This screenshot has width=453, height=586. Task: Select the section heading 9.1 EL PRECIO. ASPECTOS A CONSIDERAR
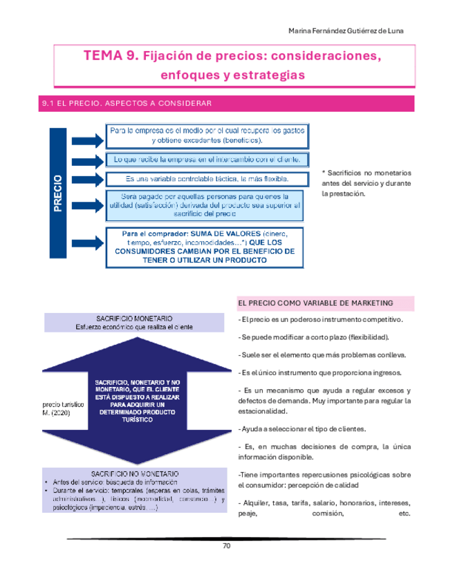pyautogui.click(x=127, y=104)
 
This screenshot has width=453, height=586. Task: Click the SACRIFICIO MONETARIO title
pyautogui.click(x=134, y=319)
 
